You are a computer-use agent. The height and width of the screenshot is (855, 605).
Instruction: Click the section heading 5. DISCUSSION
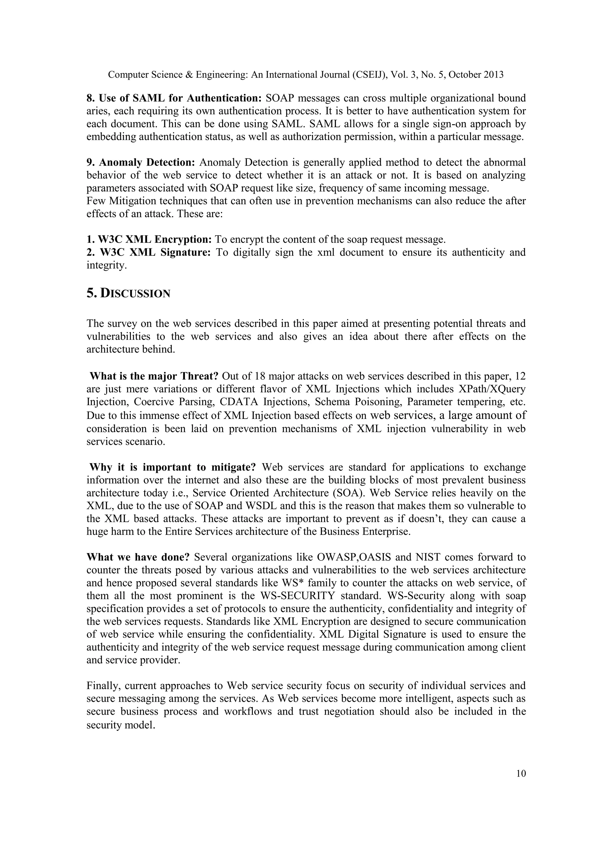(x=128, y=293)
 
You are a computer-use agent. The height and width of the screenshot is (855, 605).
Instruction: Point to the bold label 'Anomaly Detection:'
(x=147, y=162)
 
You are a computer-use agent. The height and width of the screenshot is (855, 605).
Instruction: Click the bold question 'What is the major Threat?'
(x=154, y=376)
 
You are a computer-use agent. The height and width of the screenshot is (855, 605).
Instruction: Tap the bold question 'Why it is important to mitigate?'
(x=173, y=467)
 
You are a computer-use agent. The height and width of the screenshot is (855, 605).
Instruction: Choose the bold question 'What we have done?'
(x=138, y=557)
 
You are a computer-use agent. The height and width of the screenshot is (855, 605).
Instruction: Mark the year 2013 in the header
(x=494, y=75)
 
